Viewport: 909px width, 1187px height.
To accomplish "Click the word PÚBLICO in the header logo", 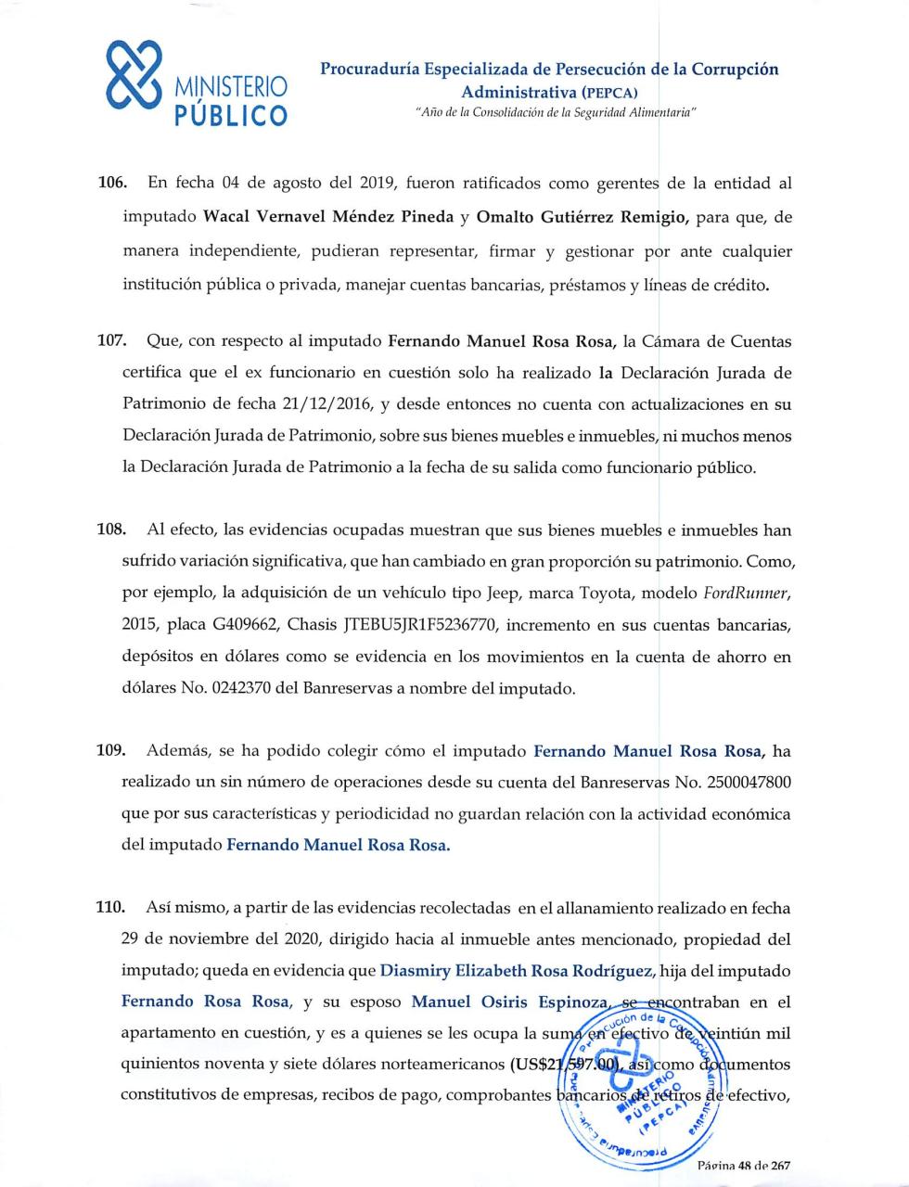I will tap(231, 115).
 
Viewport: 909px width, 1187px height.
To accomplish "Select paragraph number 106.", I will tap(111, 184).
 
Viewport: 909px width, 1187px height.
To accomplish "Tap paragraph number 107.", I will tap(111, 341).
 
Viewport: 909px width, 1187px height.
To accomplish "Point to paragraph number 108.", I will tap(111, 530).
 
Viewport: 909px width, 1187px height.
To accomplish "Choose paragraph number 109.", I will tap(111, 750).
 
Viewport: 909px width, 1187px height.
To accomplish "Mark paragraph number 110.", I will tap(111, 908).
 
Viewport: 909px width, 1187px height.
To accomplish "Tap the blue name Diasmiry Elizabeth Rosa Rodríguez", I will tap(519, 971).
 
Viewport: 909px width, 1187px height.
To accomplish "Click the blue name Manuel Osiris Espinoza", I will tap(510, 1002).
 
